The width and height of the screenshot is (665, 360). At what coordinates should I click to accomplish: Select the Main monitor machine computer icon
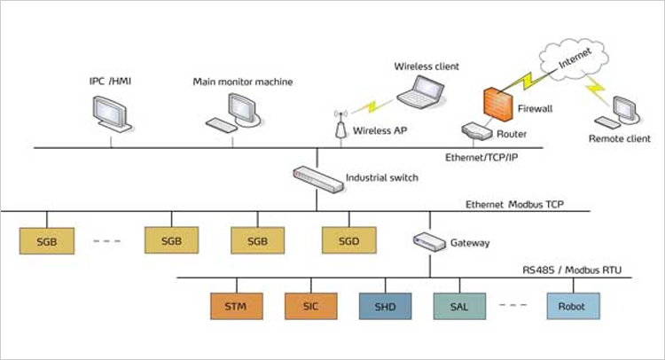(235, 112)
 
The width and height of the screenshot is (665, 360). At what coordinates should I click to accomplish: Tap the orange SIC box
(311, 307)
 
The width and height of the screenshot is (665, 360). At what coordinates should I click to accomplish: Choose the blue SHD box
(386, 307)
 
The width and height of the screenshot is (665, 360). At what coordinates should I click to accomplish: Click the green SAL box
(460, 307)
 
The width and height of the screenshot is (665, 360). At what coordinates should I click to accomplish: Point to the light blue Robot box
(572, 307)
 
